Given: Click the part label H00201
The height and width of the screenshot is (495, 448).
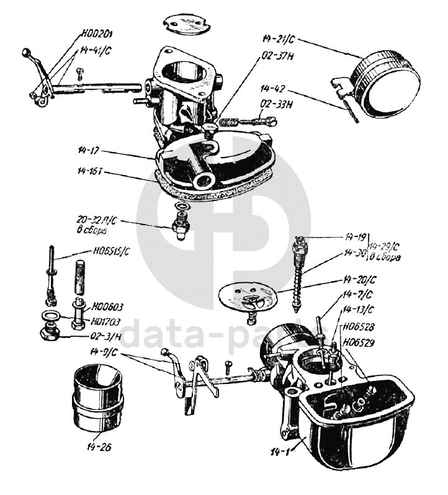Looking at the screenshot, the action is click(x=100, y=33).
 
